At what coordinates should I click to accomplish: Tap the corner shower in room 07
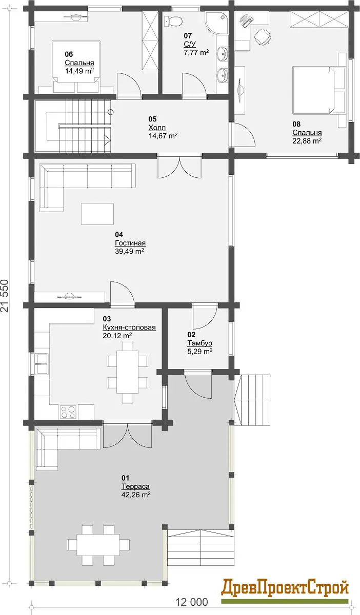click(x=217, y=23)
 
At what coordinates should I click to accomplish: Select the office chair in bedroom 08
click(x=263, y=36)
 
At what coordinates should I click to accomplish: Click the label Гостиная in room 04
click(x=130, y=243)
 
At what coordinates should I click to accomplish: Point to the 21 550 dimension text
click(x=5, y=295)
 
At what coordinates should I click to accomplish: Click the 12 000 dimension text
click(x=192, y=602)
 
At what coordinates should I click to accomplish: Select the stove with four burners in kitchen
click(x=68, y=412)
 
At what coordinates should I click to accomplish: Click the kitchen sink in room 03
click(x=42, y=364)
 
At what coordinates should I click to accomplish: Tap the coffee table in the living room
click(x=97, y=214)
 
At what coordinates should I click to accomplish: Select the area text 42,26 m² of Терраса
click(x=136, y=495)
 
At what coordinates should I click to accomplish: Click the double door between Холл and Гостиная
click(x=179, y=167)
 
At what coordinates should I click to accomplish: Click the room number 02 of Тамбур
click(x=191, y=334)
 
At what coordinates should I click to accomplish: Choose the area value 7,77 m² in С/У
click(x=196, y=52)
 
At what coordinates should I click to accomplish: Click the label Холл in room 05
click(x=157, y=128)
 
